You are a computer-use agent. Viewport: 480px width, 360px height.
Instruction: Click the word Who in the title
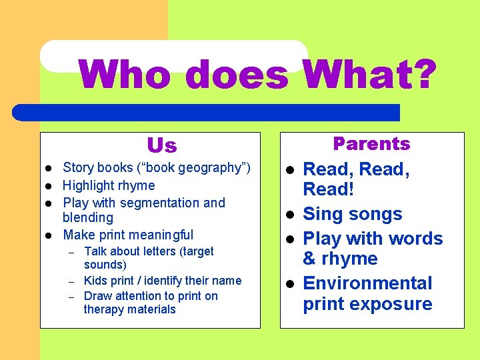[x=127, y=75]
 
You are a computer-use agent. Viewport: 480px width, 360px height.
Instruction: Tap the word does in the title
[x=236, y=75]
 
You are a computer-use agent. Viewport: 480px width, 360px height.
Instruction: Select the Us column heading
[x=161, y=145]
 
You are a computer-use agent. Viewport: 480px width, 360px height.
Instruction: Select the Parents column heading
[x=371, y=144]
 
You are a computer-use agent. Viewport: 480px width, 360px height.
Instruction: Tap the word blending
[x=88, y=217]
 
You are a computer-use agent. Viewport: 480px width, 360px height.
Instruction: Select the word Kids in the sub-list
[x=95, y=281]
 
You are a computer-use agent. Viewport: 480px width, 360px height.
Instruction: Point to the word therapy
[x=104, y=309]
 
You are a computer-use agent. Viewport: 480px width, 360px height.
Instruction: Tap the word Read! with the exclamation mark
[x=328, y=189]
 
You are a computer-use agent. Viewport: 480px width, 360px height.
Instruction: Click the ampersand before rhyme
[x=310, y=259]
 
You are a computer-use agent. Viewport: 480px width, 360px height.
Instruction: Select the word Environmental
[x=367, y=283]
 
